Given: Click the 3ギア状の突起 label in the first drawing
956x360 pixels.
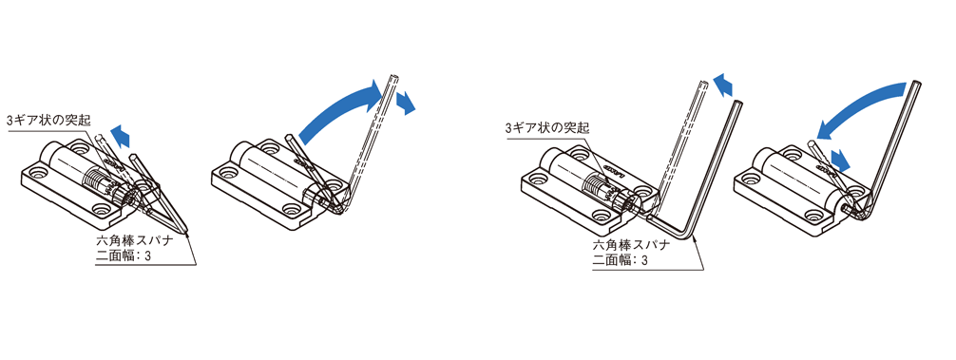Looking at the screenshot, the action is click(x=48, y=120).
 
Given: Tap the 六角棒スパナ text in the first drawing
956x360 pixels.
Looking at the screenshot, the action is click(x=135, y=240).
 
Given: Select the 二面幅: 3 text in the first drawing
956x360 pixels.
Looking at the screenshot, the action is click(x=124, y=256).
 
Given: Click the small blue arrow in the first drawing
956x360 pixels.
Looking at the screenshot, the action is click(x=120, y=136).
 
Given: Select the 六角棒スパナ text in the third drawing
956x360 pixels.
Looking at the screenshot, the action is click(x=632, y=245).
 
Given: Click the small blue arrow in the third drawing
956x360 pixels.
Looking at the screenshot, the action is click(x=725, y=85).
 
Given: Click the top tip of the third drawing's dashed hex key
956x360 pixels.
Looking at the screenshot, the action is click(x=705, y=82).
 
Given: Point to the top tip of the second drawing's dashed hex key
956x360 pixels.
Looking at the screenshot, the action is click(x=393, y=77).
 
